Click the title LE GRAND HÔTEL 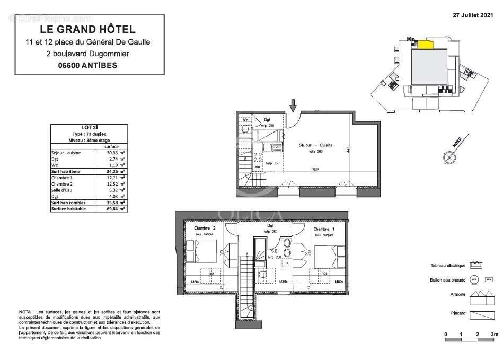pyautogui.click(x=87, y=30)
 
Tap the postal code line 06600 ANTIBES pyautogui.click(x=87, y=66)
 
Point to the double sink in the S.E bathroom pyautogui.click(x=287, y=248)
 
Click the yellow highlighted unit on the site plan pyautogui.click(x=422, y=45)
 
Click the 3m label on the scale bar pyautogui.click(x=494, y=335)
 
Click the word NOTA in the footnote pyautogui.click(x=24, y=313)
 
